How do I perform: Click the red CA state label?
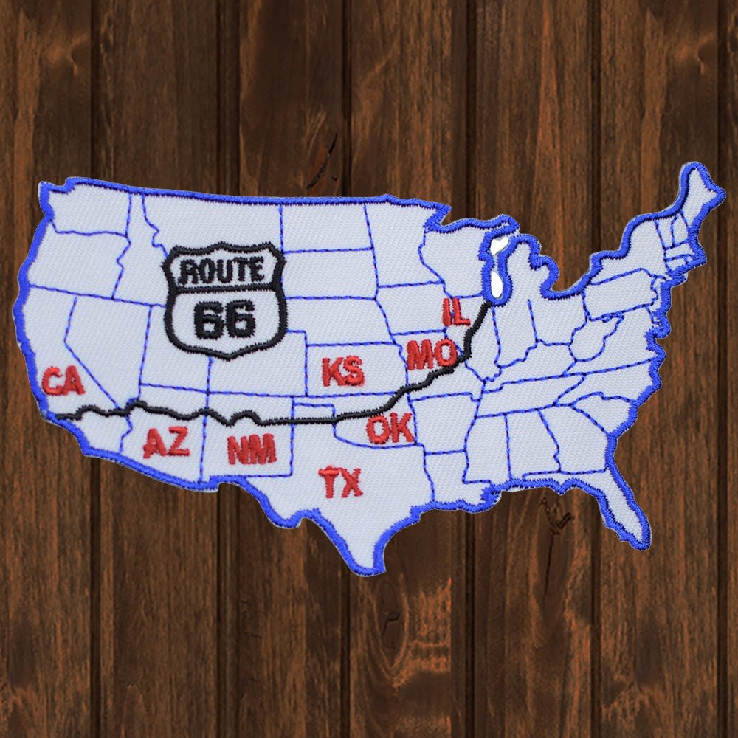point(63,382)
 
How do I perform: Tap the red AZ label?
point(166,443)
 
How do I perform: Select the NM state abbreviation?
point(252,449)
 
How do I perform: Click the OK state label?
point(390,430)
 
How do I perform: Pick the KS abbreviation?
point(342,371)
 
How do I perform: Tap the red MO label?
point(432,356)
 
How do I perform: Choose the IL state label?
point(455,312)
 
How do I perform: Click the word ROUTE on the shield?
point(223,272)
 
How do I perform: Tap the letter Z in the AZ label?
point(178,443)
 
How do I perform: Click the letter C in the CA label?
point(52,382)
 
